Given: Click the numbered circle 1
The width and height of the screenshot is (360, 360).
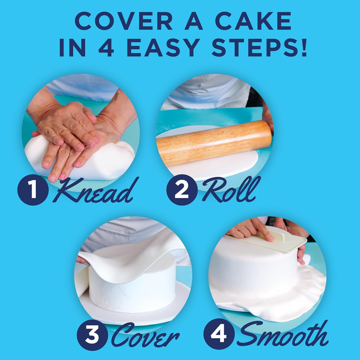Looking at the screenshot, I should click(33, 190).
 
